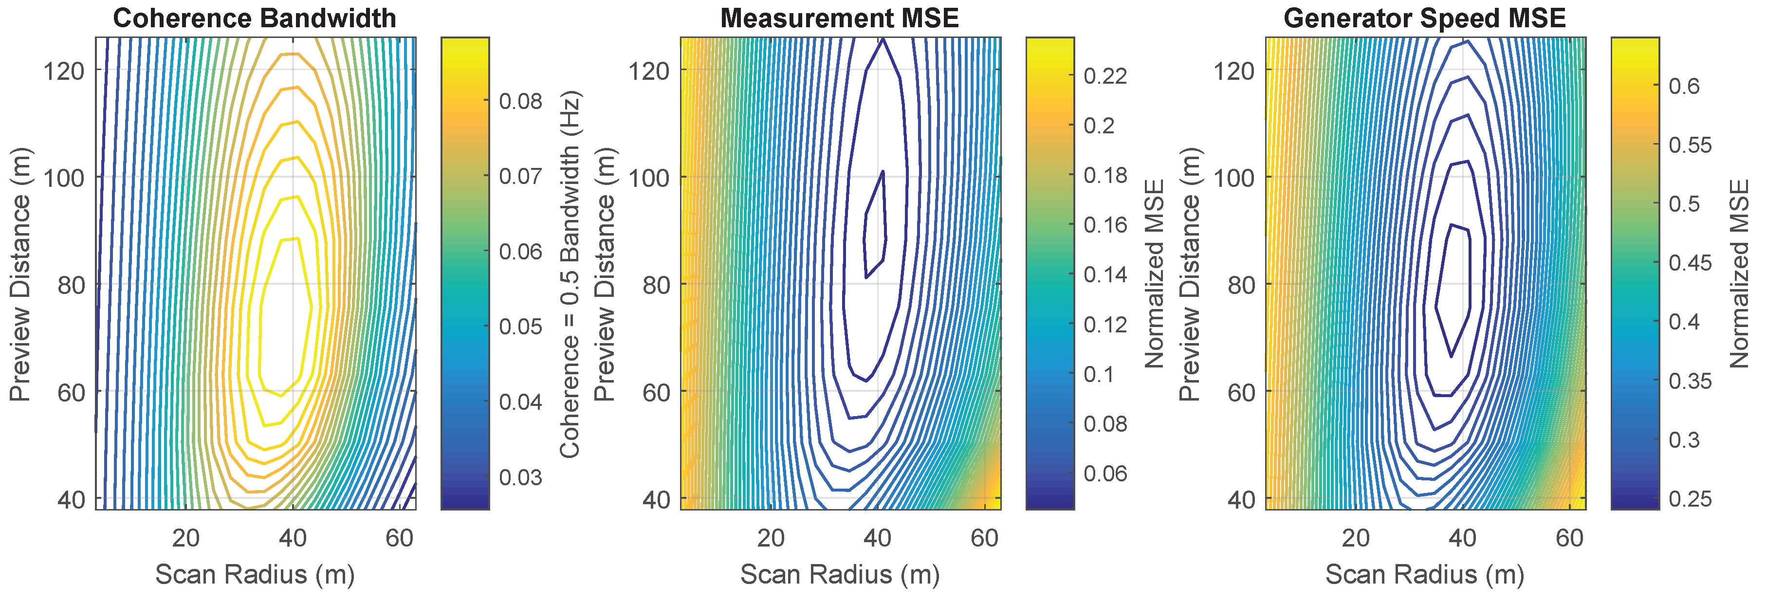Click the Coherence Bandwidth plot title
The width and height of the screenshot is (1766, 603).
click(255, 18)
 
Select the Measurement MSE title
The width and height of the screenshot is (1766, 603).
click(839, 18)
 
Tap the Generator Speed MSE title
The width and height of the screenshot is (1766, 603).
click(1425, 18)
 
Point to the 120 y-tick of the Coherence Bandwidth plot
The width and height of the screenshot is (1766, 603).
click(64, 71)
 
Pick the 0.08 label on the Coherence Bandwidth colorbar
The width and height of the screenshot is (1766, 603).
click(520, 101)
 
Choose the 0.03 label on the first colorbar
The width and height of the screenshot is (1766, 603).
click(520, 477)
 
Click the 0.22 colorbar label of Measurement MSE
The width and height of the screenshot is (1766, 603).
click(1105, 75)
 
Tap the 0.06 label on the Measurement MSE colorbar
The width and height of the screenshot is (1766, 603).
click(1105, 474)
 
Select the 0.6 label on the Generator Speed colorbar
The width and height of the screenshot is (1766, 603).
click(1684, 86)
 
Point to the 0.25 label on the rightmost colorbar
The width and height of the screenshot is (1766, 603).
click(1690, 499)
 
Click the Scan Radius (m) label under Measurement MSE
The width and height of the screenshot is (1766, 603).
click(839, 574)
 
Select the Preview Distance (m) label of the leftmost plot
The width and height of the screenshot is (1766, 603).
click(20, 274)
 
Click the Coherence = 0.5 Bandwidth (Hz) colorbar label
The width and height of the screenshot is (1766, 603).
click(570, 274)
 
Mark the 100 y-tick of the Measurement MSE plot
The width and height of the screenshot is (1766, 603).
click(648, 178)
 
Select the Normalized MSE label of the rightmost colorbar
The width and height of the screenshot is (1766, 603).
click(1740, 274)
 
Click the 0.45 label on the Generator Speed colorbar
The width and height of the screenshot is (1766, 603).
click(1690, 263)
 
